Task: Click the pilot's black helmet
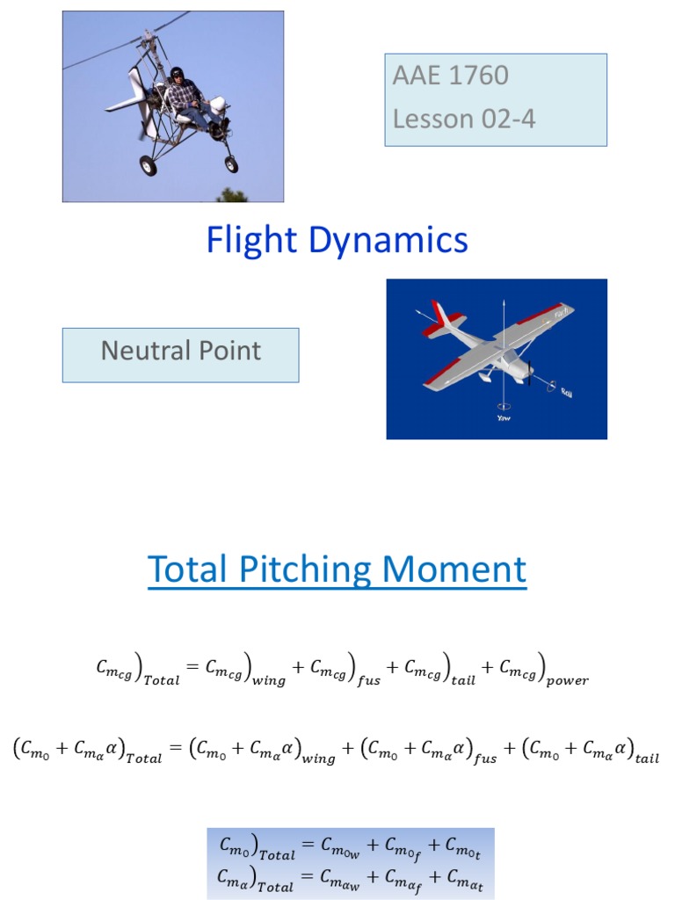point(178,72)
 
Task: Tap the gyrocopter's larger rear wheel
point(149,165)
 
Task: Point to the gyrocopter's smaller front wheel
point(231,163)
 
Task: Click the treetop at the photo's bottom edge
point(231,195)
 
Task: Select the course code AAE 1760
point(450,76)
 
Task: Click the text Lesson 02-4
point(463,118)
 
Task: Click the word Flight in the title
point(250,240)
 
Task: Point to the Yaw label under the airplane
point(503,417)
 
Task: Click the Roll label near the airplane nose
point(566,392)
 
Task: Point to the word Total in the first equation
point(161,680)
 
